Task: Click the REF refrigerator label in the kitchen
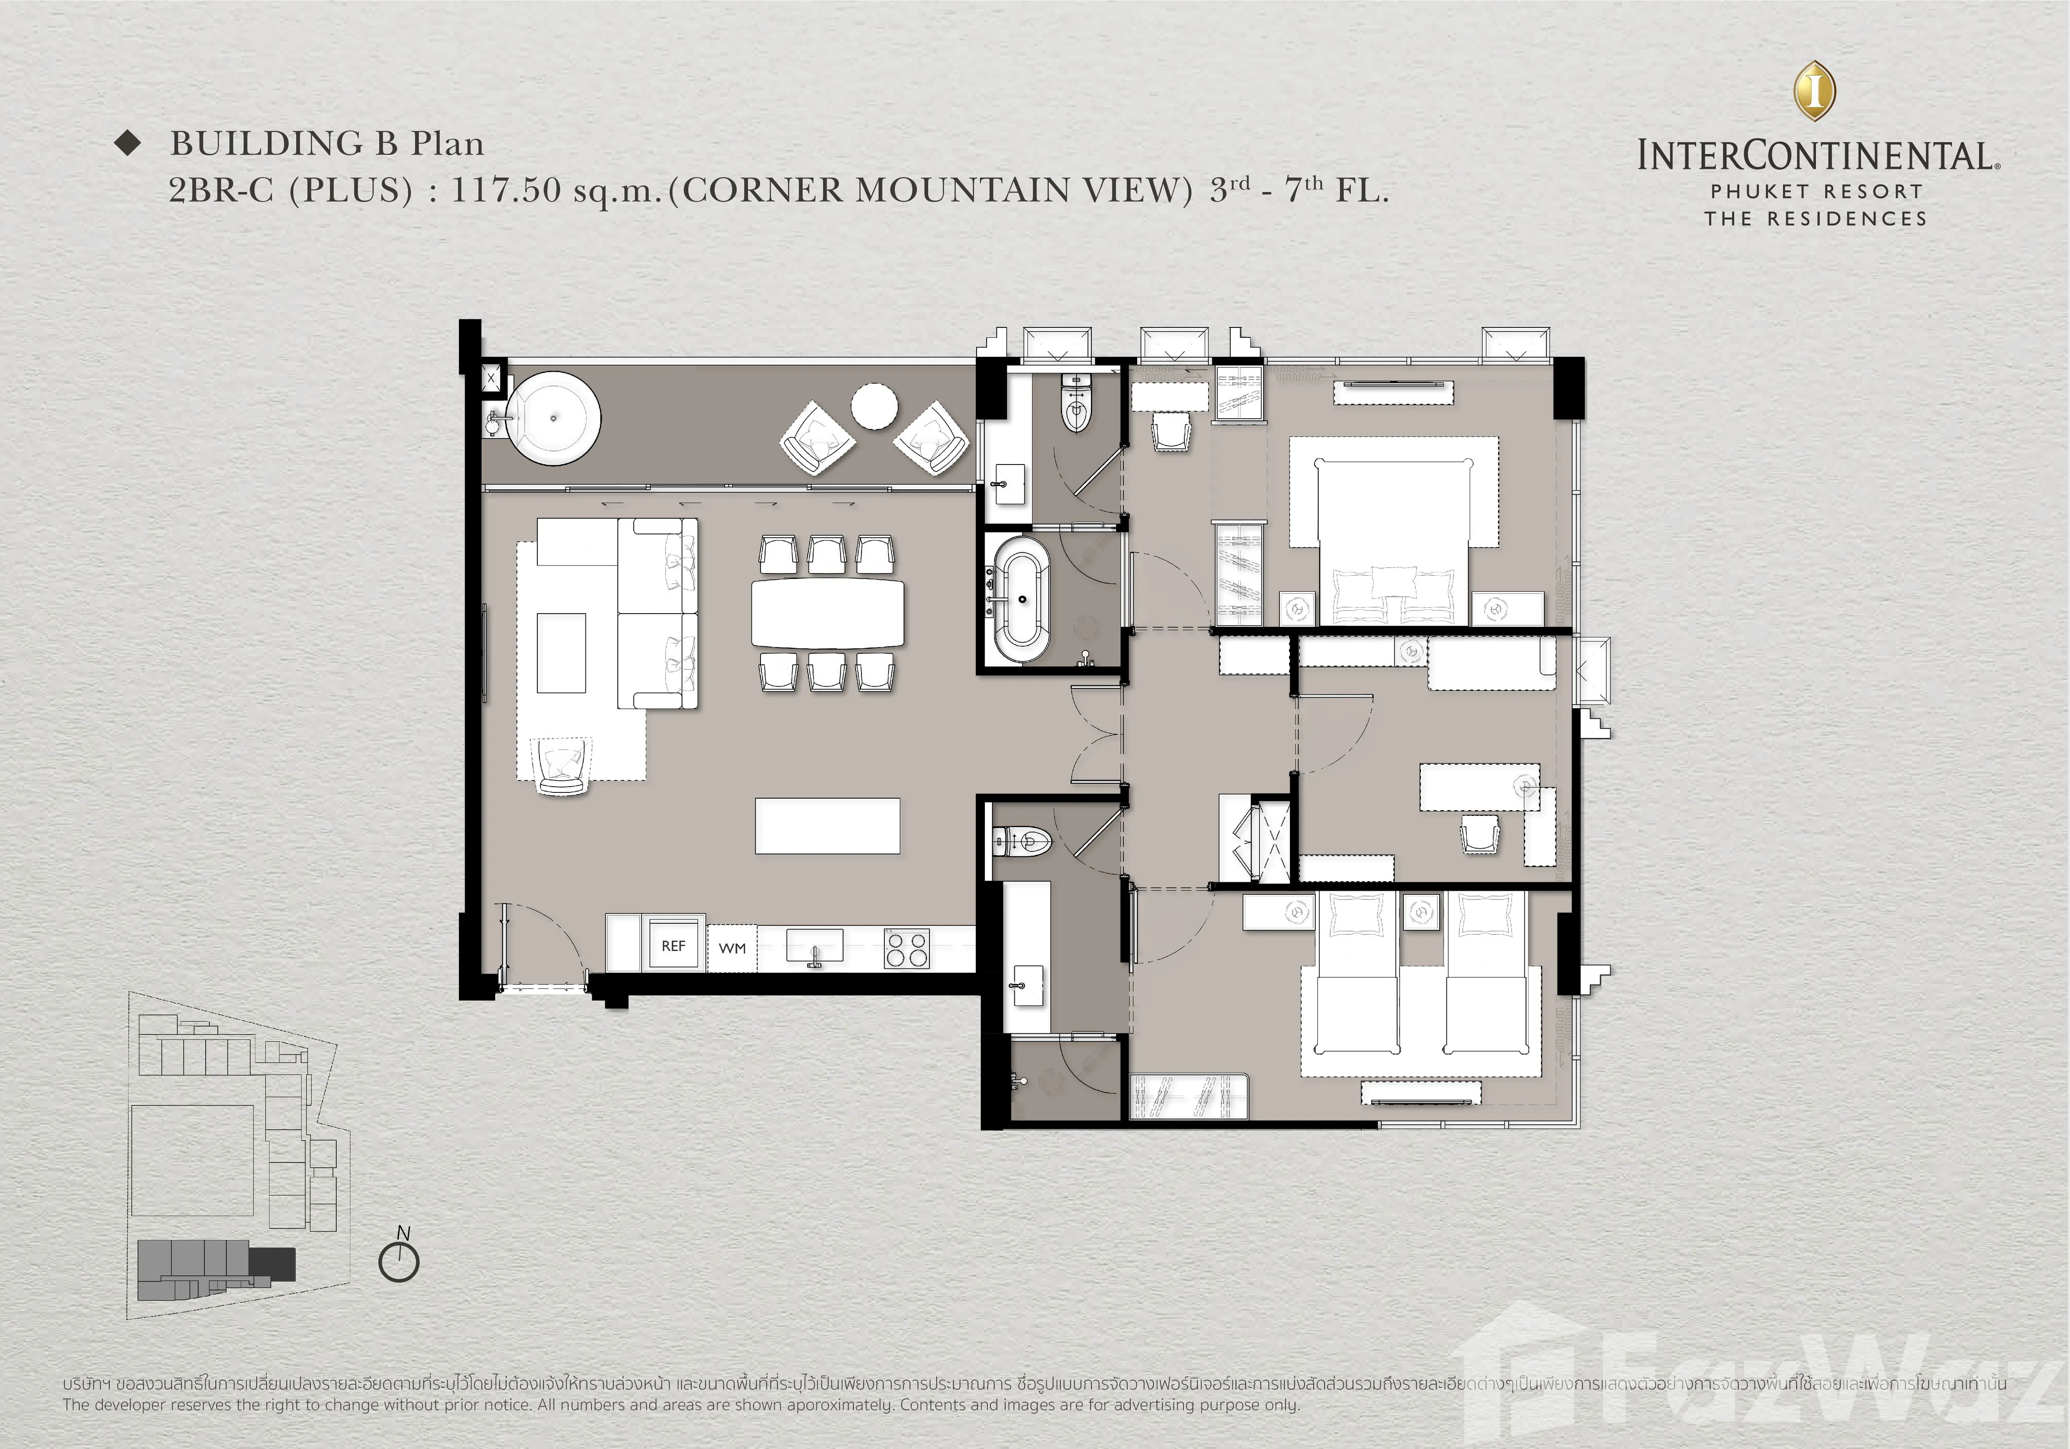point(674,946)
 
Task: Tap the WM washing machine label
point(732,948)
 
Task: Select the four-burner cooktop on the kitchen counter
point(906,948)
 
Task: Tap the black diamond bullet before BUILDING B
point(129,143)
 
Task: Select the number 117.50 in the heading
point(506,190)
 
